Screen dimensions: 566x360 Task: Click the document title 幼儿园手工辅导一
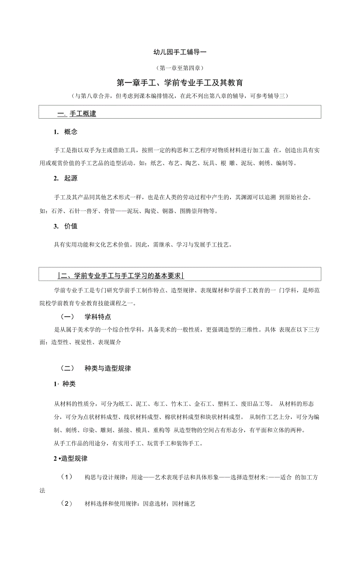pyautogui.click(x=180, y=51)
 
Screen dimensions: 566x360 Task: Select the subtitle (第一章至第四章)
pyautogui.click(x=180, y=68)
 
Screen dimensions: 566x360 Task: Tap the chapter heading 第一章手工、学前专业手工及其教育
pyautogui.click(x=180, y=83)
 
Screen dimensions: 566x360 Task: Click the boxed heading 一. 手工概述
pyautogui.click(x=77, y=114)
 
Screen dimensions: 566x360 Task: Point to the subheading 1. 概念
pyautogui.click(x=66, y=132)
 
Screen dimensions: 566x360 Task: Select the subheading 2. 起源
pyautogui.click(x=66, y=178)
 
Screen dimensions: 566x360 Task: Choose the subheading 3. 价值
pyautogui.click(x=66, y=226)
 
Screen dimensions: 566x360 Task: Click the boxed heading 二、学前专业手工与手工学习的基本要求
pyautogui.click(x=121, y=276)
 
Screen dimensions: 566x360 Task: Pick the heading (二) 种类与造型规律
pyautogui.click(x=95, y=368)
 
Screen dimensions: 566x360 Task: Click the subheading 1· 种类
pyautogui.click(x=65, y=384)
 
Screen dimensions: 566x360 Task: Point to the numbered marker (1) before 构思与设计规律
pyautogui.click(x=67, y=477)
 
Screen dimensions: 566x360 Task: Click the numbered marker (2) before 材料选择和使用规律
pyautogui.click(x=67, y=503)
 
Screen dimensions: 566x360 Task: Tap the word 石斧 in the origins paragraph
pyautogui.click(x=56, y=211)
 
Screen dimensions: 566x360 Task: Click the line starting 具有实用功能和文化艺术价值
pyautogui.click(x=143, y=245)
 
